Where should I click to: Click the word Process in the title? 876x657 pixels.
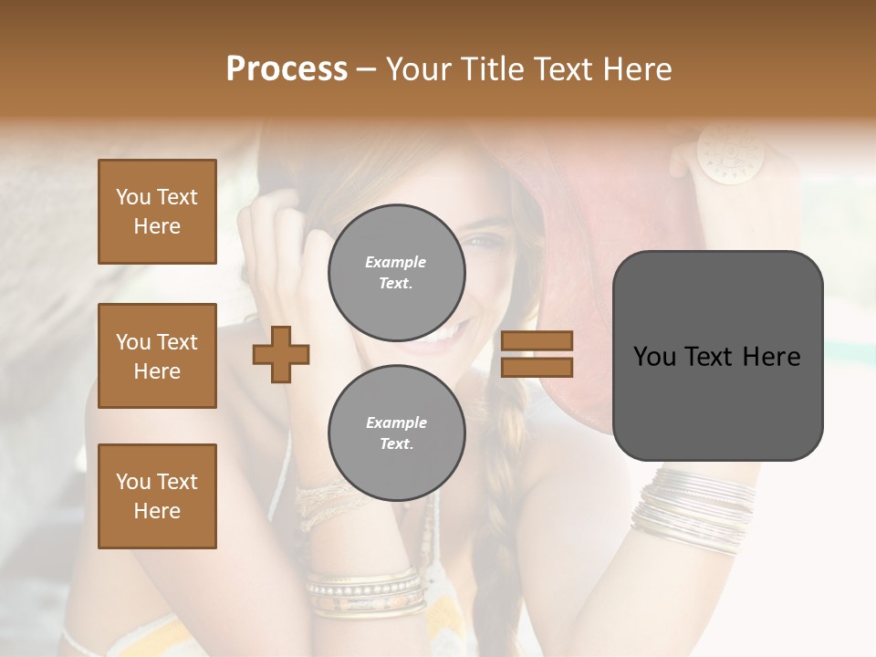tap(287, 69)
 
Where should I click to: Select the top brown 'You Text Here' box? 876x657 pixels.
tap(157, 212)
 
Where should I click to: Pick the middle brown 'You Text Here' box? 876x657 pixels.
tap(157, 356)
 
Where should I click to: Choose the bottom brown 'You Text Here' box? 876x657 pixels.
tap(157, 496)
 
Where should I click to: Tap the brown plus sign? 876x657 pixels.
tap(281, 354)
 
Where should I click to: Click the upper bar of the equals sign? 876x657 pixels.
tap(537, 340)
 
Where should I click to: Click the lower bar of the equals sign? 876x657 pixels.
tap(537, 367)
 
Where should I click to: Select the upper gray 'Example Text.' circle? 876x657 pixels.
tap(396, 273)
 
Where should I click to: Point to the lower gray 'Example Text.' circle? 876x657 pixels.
tap(396, 433)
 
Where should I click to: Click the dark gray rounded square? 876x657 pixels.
tap(717, 356)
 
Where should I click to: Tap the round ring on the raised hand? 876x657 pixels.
tap(721, 152)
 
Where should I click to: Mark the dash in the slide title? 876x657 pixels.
tap(367, 69)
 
